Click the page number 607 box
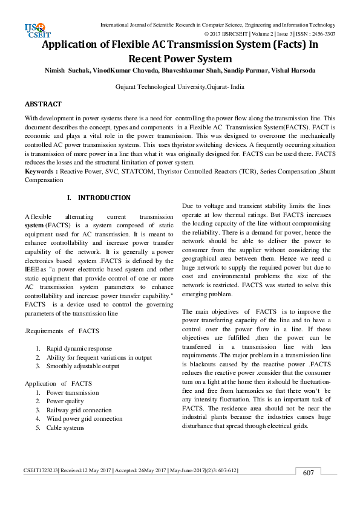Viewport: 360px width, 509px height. pos(308,473)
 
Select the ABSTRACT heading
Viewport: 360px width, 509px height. pos(43,105)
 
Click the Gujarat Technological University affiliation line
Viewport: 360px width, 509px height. pos(180,87)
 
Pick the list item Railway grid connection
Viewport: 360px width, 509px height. pos(79,410)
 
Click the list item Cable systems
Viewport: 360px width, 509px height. pos(65,427)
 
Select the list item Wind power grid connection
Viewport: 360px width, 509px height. pos(84,418)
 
